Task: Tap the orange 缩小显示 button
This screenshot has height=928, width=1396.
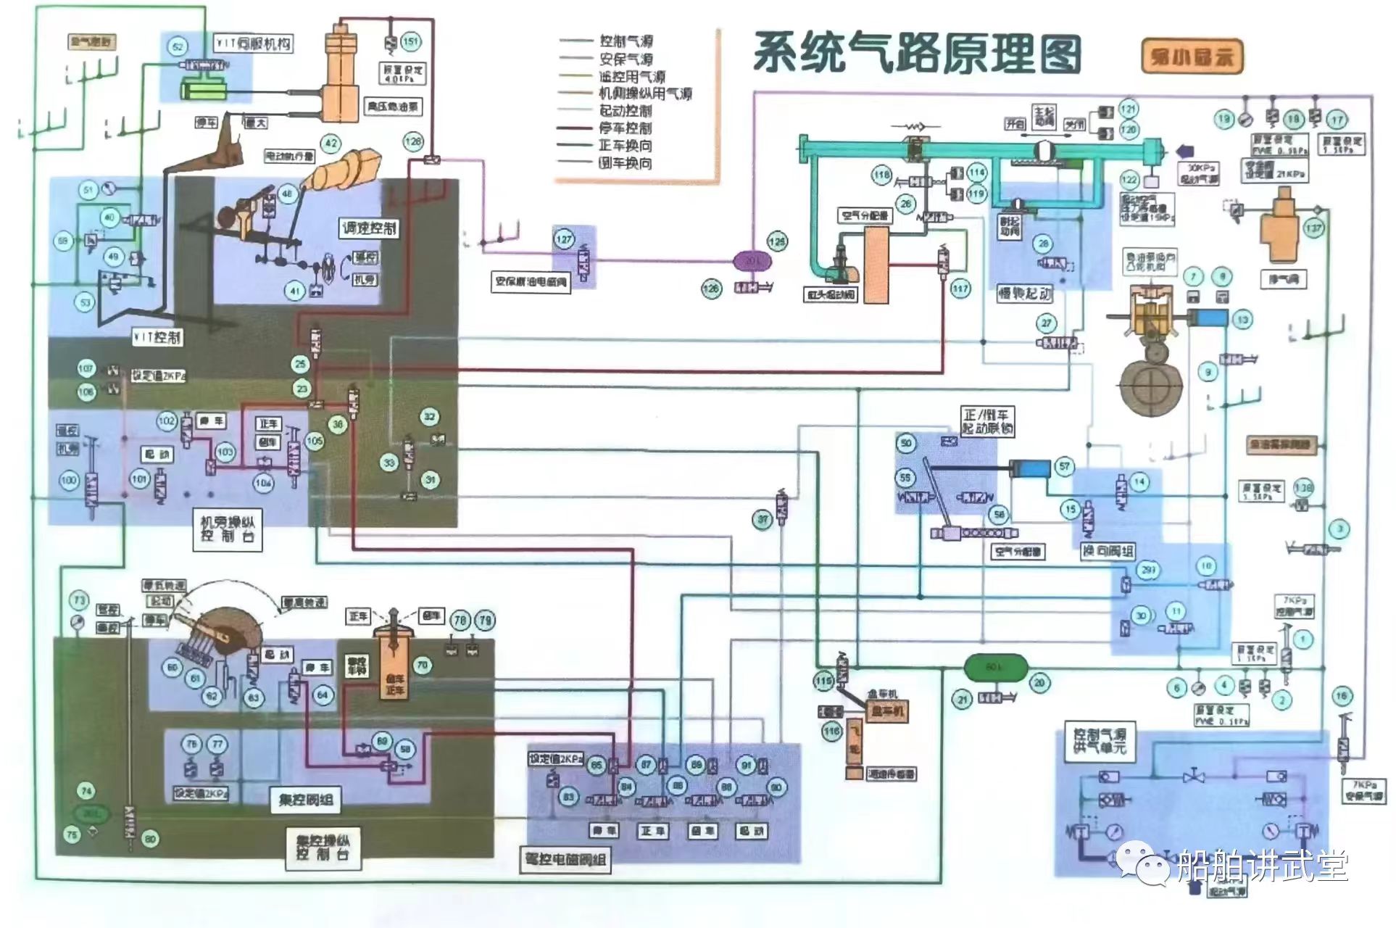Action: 1191,57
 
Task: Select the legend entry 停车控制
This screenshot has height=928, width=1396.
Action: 625,128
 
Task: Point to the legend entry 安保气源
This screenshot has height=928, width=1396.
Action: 625,59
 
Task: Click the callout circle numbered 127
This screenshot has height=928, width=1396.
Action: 564,239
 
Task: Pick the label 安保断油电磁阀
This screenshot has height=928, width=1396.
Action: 531,282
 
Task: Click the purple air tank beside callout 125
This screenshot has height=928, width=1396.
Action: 753,260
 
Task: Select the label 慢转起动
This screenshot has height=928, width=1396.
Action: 1025,294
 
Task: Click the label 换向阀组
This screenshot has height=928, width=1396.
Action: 1108,552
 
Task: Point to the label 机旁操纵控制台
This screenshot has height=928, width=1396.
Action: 228,529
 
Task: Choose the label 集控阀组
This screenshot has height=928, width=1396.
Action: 306,800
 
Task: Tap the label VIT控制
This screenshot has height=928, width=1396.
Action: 158,337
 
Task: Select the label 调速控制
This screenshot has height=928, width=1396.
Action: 369,228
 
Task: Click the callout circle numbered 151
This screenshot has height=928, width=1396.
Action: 410,41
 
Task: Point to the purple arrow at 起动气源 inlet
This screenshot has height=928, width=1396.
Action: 1186,151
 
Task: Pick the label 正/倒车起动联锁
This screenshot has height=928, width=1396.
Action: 988,421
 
